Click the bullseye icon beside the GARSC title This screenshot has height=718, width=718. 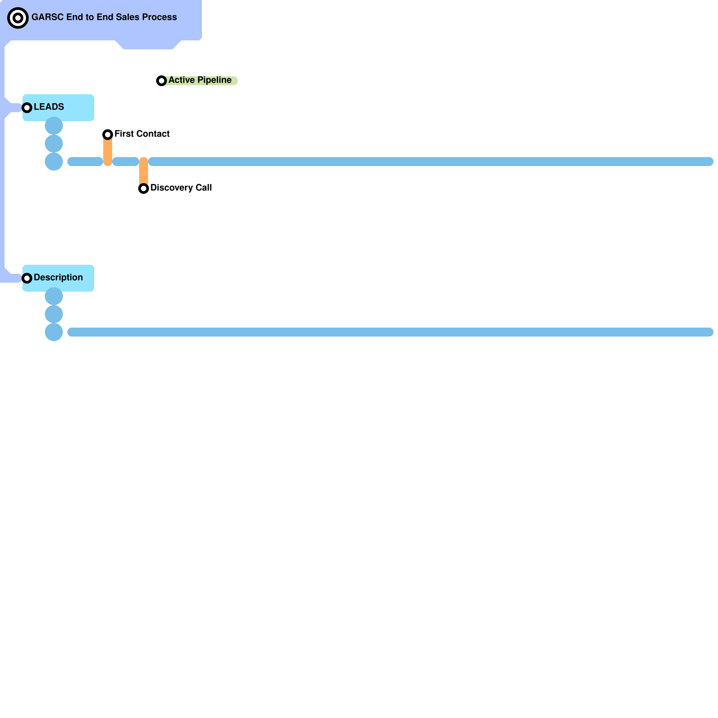click(18, 18)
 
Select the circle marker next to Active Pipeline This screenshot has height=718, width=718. click(162, 81)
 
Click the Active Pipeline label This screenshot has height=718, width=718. click(200, 80)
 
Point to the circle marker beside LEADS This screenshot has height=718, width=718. click(27, 108)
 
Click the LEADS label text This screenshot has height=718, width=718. click(49, 107)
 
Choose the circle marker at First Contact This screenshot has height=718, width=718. click(108, 135)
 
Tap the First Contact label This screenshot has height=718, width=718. click(142, 134)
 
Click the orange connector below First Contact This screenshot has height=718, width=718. click(108, 152)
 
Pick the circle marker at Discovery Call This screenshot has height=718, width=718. click(144, 188)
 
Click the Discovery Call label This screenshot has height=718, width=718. click(181, 188)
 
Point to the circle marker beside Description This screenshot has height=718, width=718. click(27, 278)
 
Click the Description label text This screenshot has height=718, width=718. click(58, 278)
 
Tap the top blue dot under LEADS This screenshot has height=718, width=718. click(54, 126)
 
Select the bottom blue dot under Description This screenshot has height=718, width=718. click(54, 332)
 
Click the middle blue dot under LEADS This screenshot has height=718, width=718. click(54, 144)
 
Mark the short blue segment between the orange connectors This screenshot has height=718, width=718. click(126, 162)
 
